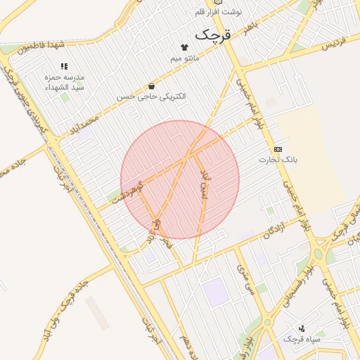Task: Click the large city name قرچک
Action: [212, 34]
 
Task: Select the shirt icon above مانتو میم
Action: [185, 47]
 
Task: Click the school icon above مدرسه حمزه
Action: [65, 65]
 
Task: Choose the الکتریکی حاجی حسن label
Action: [152, 96]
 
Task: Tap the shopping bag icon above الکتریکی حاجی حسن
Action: [152, 86]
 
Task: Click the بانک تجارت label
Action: [278, 160]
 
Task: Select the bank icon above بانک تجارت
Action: [278, 149]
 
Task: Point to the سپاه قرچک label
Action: [302, 339]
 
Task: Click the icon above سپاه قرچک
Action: [302, 328]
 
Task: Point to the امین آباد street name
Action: [205, 184]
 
